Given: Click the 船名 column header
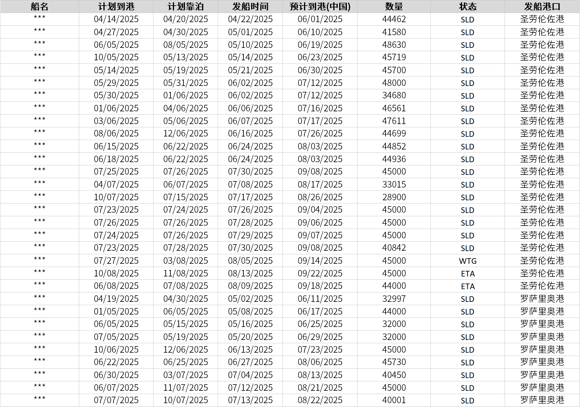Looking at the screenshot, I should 39,6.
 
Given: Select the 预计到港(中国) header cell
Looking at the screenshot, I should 320,6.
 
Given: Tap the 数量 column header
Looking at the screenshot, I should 394,6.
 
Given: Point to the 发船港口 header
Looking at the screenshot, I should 542,6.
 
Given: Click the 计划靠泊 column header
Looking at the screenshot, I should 186,6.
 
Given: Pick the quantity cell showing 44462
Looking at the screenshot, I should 394,19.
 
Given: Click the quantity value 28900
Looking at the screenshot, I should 394,197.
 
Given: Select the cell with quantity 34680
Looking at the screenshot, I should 394,95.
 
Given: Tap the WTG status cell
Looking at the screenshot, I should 467,261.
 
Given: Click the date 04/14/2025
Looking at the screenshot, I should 116,19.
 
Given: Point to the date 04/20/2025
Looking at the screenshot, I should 186,19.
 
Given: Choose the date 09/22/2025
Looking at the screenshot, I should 320,273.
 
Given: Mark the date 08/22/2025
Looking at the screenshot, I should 320,400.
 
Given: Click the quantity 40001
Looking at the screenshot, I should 394,400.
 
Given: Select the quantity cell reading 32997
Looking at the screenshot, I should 394,299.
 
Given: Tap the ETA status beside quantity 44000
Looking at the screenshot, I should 467,286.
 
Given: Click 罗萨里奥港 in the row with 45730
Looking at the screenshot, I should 542,362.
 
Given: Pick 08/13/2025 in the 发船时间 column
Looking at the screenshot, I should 250,273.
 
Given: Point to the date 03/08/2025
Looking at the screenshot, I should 186,261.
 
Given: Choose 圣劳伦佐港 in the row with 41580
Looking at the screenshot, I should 542,32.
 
